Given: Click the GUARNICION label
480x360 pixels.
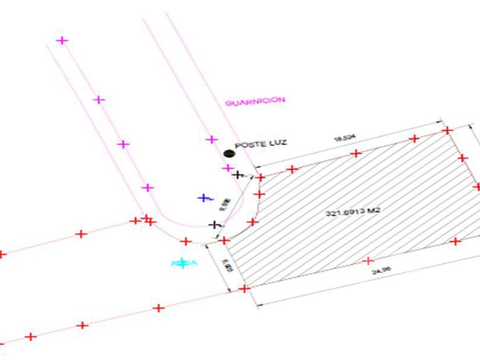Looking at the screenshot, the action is (255, 101).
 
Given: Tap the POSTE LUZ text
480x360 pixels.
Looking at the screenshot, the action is (261, 145).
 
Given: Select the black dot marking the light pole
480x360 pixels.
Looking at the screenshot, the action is (229, 153).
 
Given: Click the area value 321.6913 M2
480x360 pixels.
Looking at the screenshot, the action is (353, 211).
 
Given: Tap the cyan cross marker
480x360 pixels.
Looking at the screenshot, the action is (182, 263).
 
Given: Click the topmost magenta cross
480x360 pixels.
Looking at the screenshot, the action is (62, 41).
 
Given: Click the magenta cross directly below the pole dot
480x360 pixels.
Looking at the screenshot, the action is (228, 168).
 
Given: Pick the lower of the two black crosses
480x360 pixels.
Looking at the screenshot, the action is (214, 225).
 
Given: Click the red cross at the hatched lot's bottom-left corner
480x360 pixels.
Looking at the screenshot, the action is (245, 289).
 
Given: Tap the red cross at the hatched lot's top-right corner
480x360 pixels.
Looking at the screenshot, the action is (447, 130).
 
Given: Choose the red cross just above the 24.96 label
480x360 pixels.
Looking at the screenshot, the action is (367, 261).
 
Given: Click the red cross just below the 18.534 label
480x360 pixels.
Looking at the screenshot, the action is (356, 153).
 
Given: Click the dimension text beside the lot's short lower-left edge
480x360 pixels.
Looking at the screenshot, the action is (227, 266).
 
